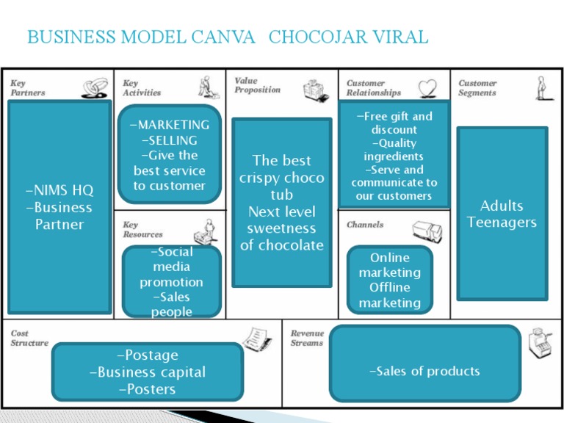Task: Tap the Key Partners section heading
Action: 27,88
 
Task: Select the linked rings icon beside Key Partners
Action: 95,89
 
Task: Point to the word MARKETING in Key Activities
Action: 170,125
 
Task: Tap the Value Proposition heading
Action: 257,85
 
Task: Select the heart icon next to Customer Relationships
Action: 427,88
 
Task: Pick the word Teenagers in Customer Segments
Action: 502,223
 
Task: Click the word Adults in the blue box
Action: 502,206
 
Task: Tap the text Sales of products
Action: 424,371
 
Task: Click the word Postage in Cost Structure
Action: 148,355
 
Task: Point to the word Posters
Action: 148,389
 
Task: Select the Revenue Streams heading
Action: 307,338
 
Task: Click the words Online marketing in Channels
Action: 389,265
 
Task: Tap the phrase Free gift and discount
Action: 394,123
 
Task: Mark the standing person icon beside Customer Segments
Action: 541,87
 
